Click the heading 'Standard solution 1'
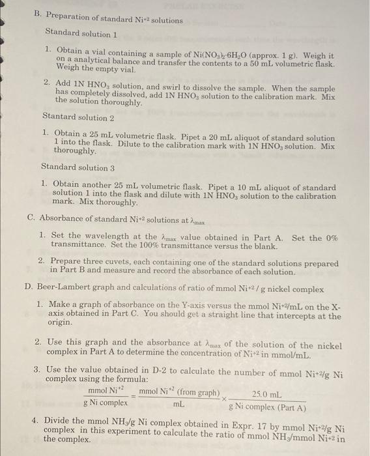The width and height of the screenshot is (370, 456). point(81,32)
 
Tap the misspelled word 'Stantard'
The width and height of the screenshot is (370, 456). point(61,117)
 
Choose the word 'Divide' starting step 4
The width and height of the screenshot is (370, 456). point(60,420)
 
